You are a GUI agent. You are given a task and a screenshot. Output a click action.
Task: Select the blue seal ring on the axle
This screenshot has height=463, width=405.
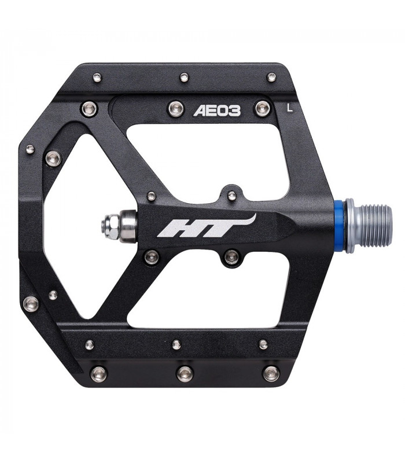(x=349, y=226)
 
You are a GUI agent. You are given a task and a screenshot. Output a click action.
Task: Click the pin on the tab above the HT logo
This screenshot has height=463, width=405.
(x=231, y=196)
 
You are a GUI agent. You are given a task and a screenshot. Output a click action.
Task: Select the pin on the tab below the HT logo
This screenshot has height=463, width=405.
(x=231, y=255)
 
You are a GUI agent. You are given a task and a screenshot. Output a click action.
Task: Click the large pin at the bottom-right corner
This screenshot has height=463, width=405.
(x=271, y=373)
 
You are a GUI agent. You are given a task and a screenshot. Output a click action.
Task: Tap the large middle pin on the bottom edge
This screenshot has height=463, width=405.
(x=185, y=373)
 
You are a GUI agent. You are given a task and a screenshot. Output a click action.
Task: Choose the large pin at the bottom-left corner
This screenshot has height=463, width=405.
(x=98, y=373)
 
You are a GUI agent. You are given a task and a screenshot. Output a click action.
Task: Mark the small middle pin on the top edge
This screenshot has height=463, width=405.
(x=184, y=77)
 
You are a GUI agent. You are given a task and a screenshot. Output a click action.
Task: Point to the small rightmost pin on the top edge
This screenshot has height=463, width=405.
(x=270, y=77)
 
